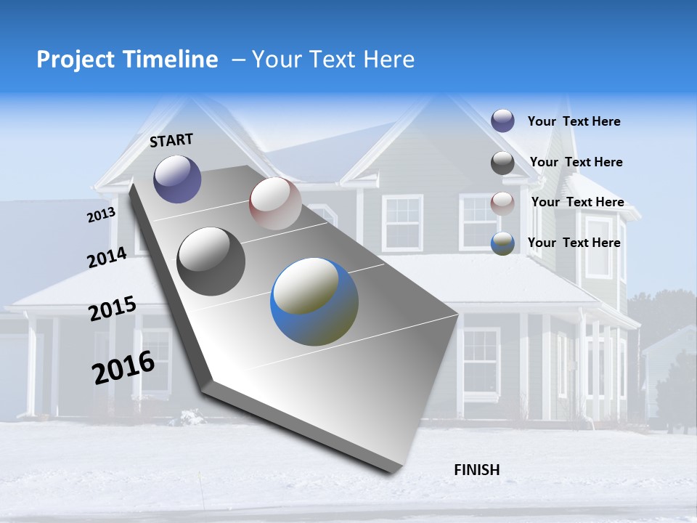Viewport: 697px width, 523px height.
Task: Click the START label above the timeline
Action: coord(171,139)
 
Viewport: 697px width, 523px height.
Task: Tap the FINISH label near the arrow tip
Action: coord(476,470)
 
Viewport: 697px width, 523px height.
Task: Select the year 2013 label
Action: coord(101,215)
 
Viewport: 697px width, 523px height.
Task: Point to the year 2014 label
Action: coord(107,258)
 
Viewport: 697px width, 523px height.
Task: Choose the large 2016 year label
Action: coord(123,368)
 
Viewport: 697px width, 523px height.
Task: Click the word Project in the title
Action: coord(75,60)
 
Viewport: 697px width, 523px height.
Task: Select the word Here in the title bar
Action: coord(388,60)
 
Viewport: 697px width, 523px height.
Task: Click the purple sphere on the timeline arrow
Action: coord(177,179)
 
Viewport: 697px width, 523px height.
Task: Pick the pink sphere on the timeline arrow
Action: coord(275,203)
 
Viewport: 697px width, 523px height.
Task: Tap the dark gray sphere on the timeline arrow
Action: coord(211,261)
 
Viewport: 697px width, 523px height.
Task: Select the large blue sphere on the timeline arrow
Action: coord(314,301)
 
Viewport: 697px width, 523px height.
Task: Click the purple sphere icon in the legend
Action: coord(502,121)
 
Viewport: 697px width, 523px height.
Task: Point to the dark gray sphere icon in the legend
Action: coord(502,163)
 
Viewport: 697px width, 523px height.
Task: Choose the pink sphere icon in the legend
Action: coord(502,203)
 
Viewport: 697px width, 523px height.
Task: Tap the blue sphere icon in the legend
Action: coord(502,243)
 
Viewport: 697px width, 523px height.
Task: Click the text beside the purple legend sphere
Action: coord(574,121)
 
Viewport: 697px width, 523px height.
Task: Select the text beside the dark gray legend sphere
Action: coord(576,162)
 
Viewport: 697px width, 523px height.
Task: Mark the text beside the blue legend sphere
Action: coord(574,243)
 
